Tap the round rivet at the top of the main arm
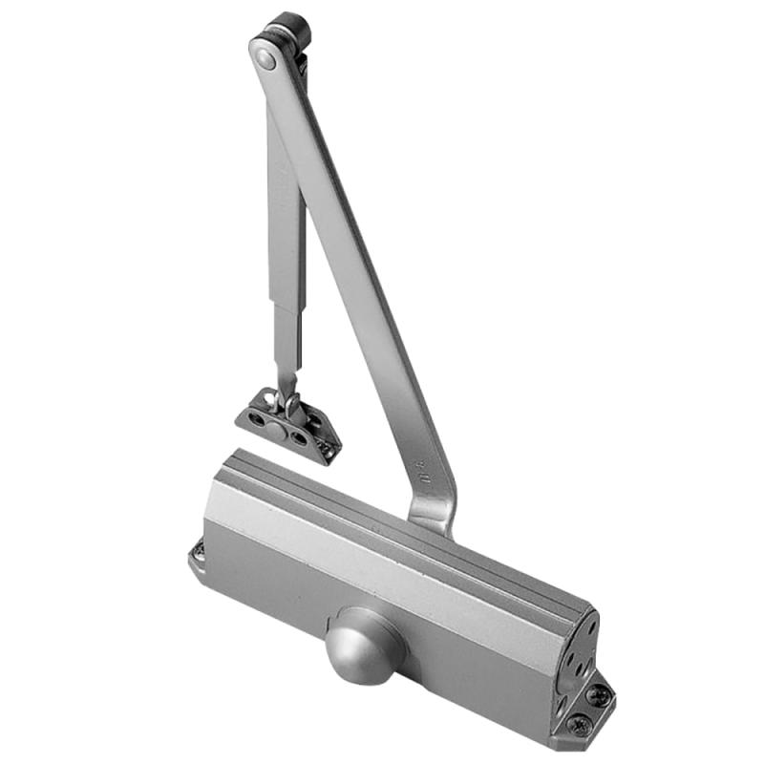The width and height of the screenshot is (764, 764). (x=265, y=57)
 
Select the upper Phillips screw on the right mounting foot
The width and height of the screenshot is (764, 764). (x=596, y=693)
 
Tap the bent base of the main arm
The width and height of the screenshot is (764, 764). (x=435, y=511)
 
